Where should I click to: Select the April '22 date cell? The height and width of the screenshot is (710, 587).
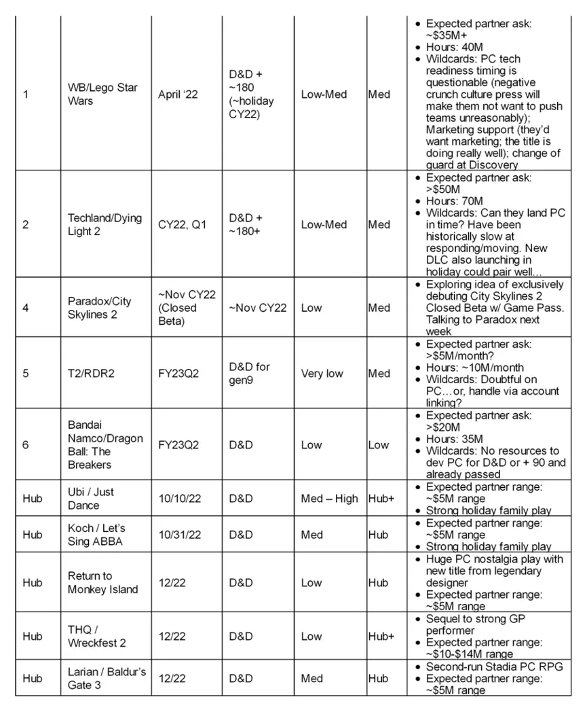(x=178, y=94)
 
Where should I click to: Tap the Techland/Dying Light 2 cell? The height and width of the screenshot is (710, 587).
(x=105, y=224)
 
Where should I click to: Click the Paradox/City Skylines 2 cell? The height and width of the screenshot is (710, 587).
(x=99, y=308)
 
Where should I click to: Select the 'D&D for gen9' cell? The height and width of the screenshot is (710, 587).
(x=249, y=373)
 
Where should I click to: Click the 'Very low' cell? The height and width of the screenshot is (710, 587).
(x=322, y=373)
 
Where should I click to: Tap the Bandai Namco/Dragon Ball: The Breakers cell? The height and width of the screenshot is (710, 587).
(x=105, y=445)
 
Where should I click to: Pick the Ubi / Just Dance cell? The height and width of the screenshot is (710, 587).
(x=92, y=499)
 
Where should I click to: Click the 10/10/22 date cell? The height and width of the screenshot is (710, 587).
(x=179, y=499)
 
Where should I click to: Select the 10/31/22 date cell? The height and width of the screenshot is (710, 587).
(x=179, y=535)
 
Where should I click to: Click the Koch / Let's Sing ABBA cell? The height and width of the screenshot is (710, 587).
(x=96, y=535)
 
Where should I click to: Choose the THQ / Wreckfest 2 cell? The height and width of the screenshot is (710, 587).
(x=96, y=637)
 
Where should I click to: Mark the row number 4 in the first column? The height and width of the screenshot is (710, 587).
(x=26, y=308)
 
